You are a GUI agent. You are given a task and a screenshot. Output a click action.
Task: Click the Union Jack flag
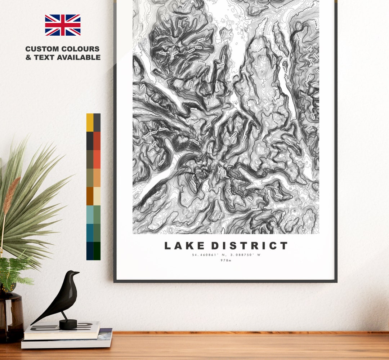pyautogui.click(x=63, y=25)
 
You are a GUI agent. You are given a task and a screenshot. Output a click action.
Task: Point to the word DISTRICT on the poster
pyautogui.click(x=249, y=246)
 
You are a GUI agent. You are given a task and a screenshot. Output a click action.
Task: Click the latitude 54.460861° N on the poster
pyautogui.click(x=209, y=255)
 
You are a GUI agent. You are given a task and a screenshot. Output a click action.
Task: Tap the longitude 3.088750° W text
pyautogui.click(x=243, y=255)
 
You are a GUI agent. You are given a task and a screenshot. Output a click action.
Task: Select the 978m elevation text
pyautogui.click(x=226, y=261)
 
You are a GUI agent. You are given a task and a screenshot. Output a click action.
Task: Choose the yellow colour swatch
pyautogui.click(x=90, y=123)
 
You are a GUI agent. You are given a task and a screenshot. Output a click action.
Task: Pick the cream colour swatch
pyautogui.click(x=97, y=196)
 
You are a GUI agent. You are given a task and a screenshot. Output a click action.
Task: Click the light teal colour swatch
pyautogui.click(x=90, y=214)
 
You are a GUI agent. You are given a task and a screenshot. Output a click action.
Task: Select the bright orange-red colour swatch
pyautogui.click(x=97, y=159)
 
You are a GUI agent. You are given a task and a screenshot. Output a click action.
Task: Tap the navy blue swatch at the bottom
pyautogui.click(x=90, y=251)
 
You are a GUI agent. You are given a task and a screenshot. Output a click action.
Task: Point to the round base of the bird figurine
pyautogui.click(x=68, y=324)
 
